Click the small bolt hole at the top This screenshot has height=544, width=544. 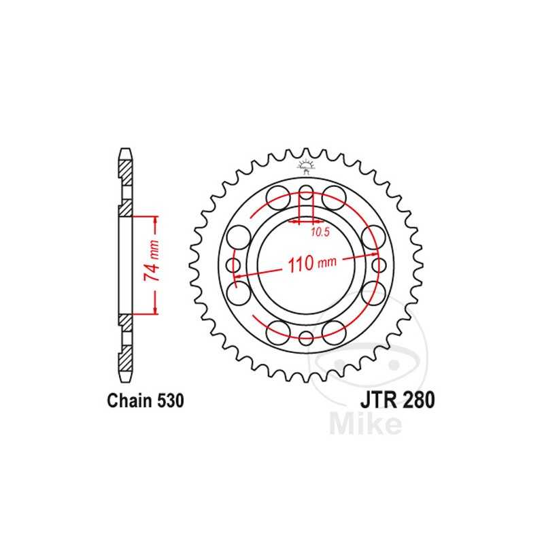(x=306, y=190)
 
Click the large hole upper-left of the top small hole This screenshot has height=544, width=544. (x=277, y=197)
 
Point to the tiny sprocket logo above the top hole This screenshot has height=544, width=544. (x=306, y=165)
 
